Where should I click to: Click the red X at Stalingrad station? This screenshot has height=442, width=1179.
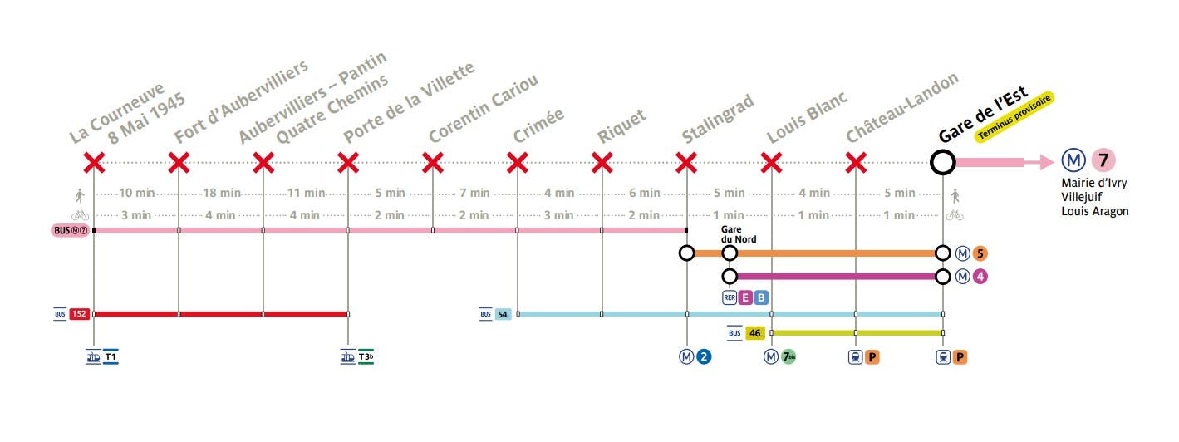(687, 163)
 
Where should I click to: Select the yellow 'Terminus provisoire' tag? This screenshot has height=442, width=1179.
(1014, 118)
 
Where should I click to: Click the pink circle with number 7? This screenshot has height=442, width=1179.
(1103, 160)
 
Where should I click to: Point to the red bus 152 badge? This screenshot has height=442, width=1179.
(80, 314)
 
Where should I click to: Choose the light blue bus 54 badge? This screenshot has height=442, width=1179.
(503, 315)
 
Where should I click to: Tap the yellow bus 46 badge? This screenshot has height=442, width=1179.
(754, 333)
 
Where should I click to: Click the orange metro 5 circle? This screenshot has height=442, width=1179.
(980, 253)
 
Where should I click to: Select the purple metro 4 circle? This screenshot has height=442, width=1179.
(980, 276)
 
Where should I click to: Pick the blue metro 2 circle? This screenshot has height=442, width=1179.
(704, 357)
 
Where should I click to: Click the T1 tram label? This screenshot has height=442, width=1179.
(111, 356)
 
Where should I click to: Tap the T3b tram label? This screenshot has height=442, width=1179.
(366, 356)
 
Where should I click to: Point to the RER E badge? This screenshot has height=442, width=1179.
(744, 297)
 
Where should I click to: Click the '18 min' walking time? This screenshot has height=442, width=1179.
(222, 193)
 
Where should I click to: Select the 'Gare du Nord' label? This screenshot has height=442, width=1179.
(739, 234)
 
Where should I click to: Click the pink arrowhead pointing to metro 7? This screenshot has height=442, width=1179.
(1046, 162)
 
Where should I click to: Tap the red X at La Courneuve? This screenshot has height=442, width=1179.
(94, 163)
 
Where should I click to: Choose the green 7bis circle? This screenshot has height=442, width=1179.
(788, 357)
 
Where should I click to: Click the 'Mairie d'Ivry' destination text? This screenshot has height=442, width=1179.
(1093, 183)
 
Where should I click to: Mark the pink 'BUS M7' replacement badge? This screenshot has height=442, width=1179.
(71, 230)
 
